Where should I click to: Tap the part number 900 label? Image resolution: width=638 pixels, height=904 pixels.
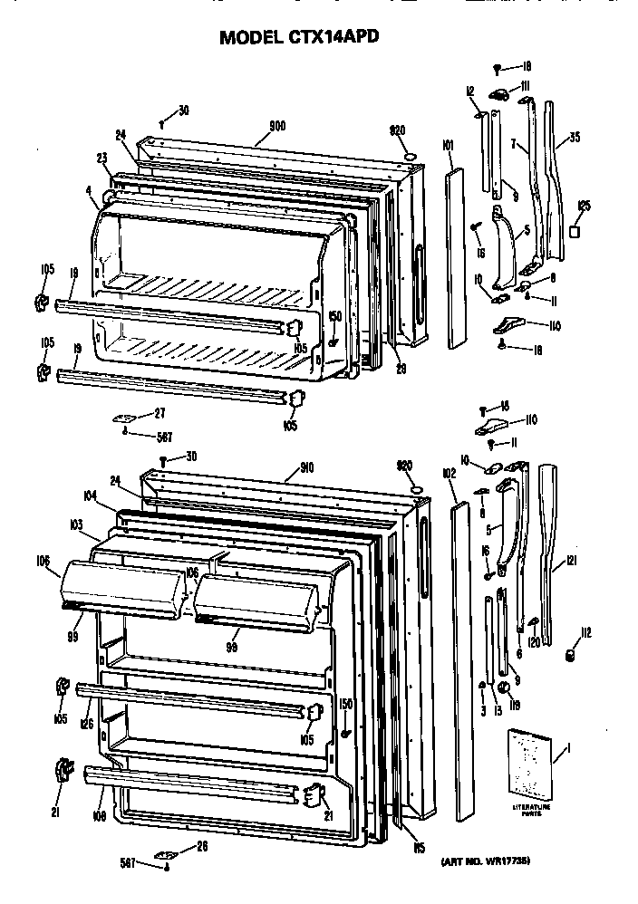pos(277,127)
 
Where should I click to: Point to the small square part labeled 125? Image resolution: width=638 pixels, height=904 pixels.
pos(574,234)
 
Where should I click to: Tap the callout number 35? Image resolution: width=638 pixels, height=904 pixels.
pos(574,139)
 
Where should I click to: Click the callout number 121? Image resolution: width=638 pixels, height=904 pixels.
pos(571,562)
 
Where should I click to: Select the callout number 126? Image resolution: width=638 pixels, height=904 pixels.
pos(87,722)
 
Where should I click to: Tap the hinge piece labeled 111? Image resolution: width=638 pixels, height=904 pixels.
pos(499,94)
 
